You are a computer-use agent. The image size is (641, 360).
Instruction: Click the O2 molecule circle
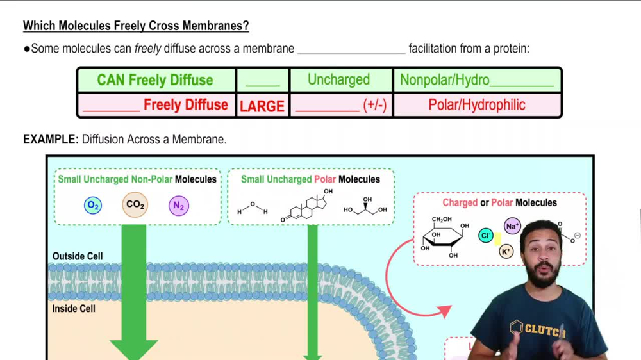(93, 206)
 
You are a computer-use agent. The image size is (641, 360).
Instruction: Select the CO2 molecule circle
(135, 205)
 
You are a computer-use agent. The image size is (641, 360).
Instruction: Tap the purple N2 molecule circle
(179, 206)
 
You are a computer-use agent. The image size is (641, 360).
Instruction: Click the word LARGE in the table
(262, 106)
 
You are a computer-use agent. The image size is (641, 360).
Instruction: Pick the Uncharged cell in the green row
(338, 80)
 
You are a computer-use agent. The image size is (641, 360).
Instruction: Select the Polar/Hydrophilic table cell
(477, 105)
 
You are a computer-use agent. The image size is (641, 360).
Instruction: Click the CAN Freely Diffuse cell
(155, 80)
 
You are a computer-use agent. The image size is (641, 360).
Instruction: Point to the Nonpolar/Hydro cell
(477, 80)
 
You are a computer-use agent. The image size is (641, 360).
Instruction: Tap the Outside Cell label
(78, 256)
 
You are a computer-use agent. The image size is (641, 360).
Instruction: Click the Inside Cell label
(74, 309)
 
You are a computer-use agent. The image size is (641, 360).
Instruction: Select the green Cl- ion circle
(487, 236)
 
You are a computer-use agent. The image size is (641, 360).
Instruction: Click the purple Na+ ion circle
(512, 226)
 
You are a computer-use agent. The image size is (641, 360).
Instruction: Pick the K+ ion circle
(506, 252)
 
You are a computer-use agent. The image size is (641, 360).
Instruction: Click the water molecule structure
(253, 209)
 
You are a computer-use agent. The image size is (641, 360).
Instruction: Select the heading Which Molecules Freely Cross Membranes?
(136, 26)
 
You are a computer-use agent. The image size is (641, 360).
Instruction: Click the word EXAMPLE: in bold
(51, 139)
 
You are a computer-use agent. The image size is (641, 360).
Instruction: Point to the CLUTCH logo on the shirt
(537, 329)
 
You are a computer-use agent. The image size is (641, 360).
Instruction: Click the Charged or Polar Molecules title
(499, 202)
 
